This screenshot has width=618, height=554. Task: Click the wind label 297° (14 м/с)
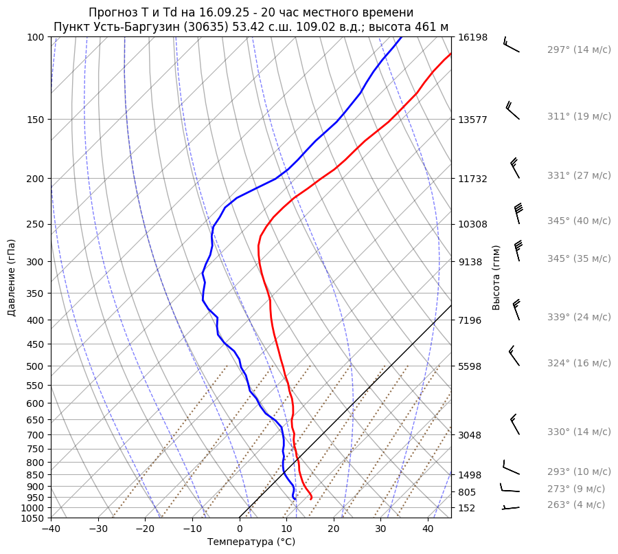[x=579, y=49]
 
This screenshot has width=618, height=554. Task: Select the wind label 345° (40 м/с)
[x=579, y=221]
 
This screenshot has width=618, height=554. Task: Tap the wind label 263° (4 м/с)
[x=576, y=505]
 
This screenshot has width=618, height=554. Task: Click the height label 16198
[x=472, y=37]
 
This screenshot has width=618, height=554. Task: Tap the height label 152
[x=467, y=508]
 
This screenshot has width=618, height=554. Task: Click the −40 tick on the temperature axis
[x=51, y=529]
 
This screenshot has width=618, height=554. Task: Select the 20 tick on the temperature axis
[x=334, y=529]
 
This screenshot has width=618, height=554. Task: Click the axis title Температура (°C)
[x=251, y=542]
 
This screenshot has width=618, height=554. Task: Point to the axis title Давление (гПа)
[x=12, y=278]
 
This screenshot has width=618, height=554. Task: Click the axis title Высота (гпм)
[x=496, y=278]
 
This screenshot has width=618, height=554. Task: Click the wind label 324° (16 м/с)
[x=579, y=363]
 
